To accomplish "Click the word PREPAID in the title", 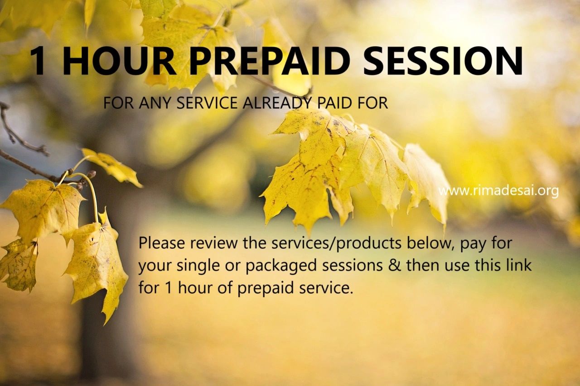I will [270, 61].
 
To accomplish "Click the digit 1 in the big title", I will [38, 61].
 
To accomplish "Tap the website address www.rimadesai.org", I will [498, 191].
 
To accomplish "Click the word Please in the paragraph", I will [162, 243].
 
